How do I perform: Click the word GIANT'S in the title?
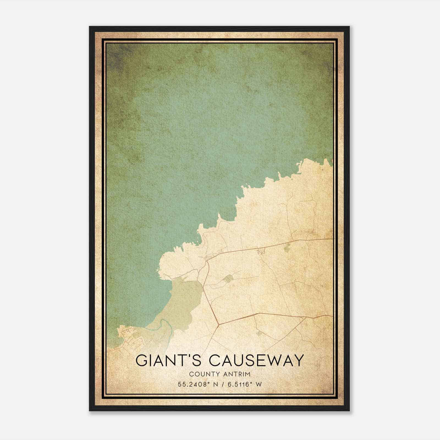(170, 361)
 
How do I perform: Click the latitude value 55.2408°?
(193, 384)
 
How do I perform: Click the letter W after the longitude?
(258, 384)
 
